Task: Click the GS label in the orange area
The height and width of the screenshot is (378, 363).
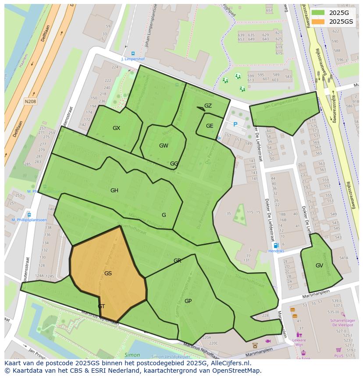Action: (x=108, y=274)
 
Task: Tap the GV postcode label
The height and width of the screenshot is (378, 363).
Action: (x=319, y=266)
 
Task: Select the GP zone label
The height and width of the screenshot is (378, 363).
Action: (x=188, y=301)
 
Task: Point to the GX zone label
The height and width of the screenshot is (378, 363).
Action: (x=116, y=128)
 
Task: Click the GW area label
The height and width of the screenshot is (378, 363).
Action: (x=164, y=146)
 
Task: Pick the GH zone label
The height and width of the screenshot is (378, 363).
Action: (x=114, y=191)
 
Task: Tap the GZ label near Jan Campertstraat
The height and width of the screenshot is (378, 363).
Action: (x=208, y=106)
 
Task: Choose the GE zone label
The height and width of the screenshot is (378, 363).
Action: (x=210, y=126)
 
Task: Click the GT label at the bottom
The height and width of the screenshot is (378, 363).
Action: (x=101, y=306)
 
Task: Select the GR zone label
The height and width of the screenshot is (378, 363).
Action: (x=177, y=261)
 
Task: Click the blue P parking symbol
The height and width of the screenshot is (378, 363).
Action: (x=235, y=125)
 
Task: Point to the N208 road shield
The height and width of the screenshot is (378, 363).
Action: (x=30, y=101)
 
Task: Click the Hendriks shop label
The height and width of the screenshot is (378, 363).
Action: (x=276, y=251)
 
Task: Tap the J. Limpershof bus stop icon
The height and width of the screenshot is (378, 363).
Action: (x=133, y=53)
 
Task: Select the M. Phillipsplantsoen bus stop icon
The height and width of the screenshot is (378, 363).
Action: (x=29, y=215)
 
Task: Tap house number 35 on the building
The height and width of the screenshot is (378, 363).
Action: (x=228, y=214)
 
